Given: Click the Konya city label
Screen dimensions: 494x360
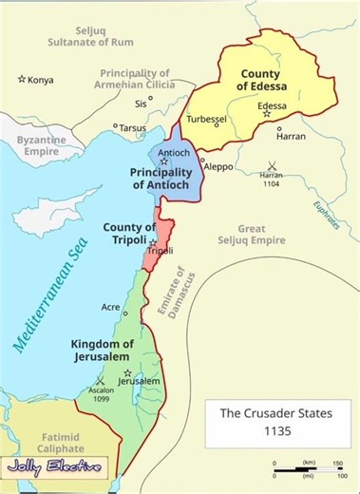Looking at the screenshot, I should (41, 79).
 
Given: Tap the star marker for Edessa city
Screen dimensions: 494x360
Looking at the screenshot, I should (267, 113).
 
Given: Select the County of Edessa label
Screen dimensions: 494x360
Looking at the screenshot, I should (266, 80).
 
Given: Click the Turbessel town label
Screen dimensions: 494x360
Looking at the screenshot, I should (207, 119).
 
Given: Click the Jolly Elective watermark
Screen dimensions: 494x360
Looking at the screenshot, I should (54, 467).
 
